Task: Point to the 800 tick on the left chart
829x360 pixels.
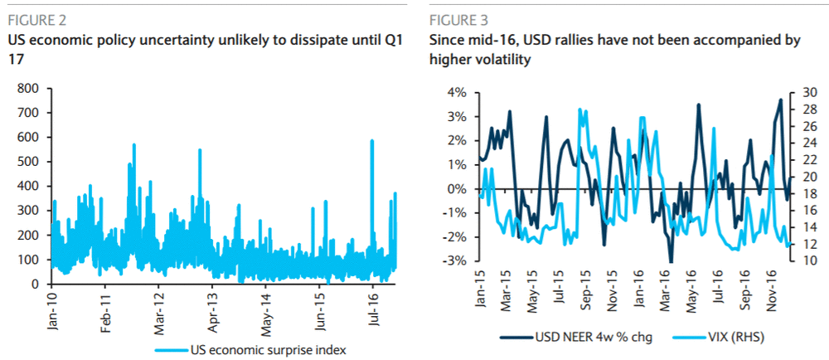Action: point(28,88)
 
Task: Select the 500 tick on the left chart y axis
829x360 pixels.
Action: point(28,162)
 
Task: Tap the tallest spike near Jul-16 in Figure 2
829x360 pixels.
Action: point(371,141)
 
